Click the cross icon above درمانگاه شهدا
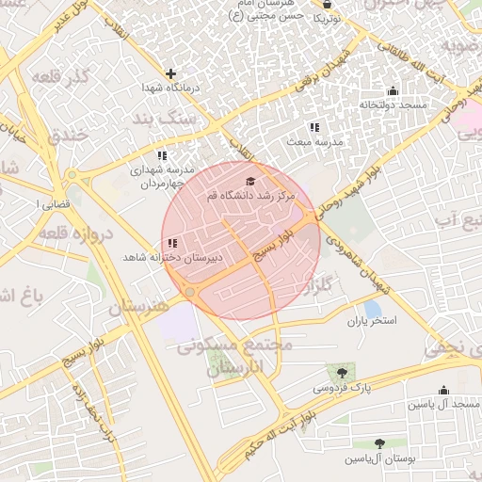170,73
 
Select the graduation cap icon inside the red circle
250,181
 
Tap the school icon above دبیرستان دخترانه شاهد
171,244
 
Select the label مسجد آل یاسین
443,404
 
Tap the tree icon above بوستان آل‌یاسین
380,442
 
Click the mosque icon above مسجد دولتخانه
393,91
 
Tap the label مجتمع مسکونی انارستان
235,357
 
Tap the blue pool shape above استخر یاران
373,308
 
